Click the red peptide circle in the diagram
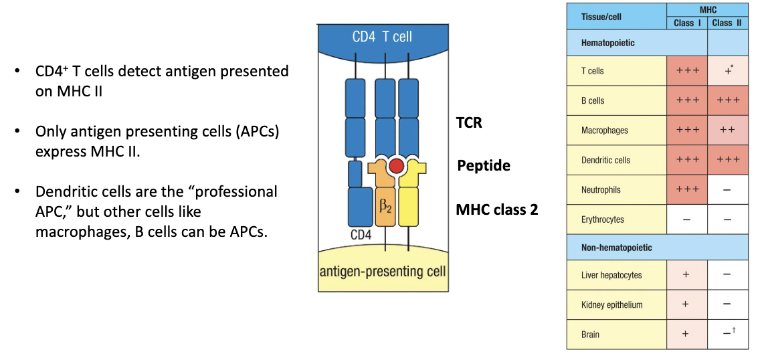pyautogui.click(x=396, y=166)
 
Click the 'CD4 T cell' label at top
pyautogui.click(x=382, y=37)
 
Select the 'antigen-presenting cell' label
pyautogui.click(x=382, y=272)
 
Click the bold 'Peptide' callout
pyautogui.click(x=483, y=165)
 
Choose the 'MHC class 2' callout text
pyautogui.click(x=496, y=209)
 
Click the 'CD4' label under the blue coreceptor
pyautogui.click(x=362, y=235)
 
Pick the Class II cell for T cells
pyautogui.click(x=727, y=71)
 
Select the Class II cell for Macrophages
pyautogui.click(x=727, y=130)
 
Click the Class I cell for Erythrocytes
pyautogui.click(x=687, y=219)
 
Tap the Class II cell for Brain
pyautogui.click(x=727, y=334)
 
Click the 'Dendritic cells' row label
pyautogui.click(x=605, y=161)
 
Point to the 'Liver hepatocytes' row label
pyautogui.click(x=611, y=275)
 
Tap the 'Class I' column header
pyautogui.click(x=687, y=23)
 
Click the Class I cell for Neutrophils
pyautogui.click(x=687, y=190)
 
